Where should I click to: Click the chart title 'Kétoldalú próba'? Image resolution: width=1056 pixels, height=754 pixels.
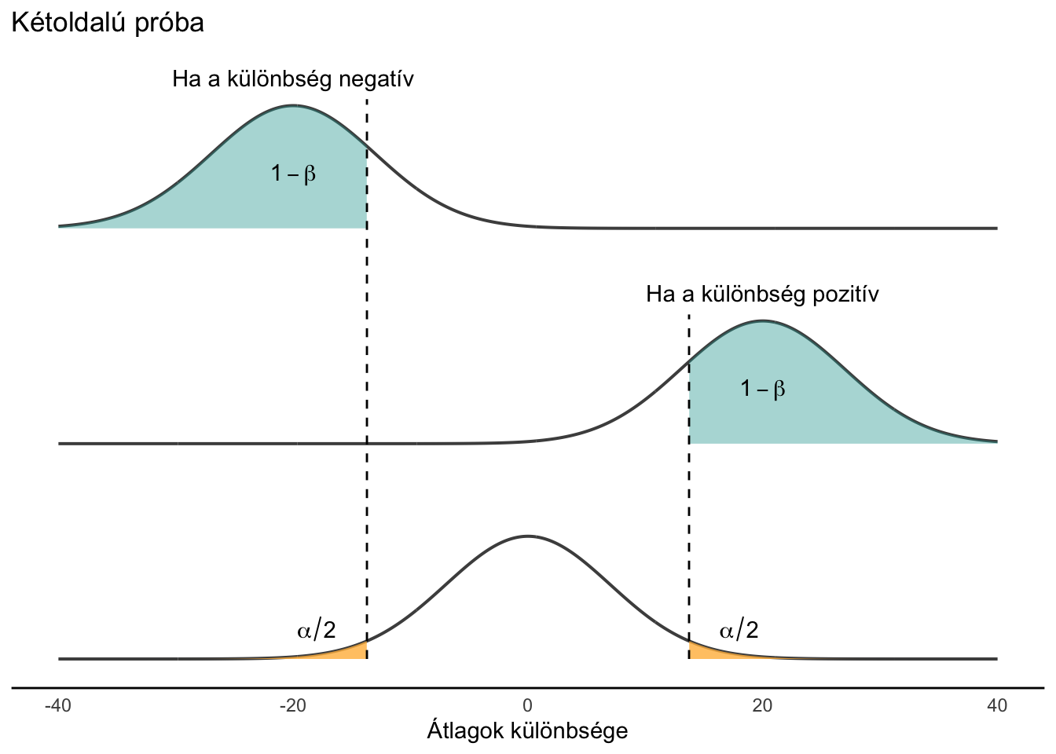coord(107,23)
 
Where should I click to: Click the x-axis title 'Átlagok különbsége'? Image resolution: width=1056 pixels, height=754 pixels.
coord(527,731)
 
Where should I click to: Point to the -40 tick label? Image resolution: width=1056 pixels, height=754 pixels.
coord(57,706)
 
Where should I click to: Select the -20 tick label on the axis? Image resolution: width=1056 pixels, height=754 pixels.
coord(292,706)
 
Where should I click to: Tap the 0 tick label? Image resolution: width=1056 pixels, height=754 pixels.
coord(527,706)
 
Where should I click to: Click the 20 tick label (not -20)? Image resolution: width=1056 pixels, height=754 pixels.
coord(761,706)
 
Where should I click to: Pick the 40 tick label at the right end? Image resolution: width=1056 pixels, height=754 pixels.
coord(996,706)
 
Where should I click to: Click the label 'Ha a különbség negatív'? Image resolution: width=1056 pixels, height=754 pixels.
coord(292,79)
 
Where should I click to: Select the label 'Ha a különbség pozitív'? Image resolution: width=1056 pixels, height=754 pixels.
coord(762,295)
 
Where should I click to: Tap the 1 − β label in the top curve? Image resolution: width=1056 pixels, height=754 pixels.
coord(293,174)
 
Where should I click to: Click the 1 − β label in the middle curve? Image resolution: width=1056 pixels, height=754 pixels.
coord(762,388)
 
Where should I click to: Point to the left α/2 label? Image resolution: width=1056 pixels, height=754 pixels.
coord(317,630)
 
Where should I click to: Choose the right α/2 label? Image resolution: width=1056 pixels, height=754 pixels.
coord(739,630)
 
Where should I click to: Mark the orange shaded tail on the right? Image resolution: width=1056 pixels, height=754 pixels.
coord(699,651)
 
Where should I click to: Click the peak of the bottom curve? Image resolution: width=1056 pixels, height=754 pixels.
coord(527,536)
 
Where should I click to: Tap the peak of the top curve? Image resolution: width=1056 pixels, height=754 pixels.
coord(293,105)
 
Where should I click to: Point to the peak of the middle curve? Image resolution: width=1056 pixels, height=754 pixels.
coord(761,320)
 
